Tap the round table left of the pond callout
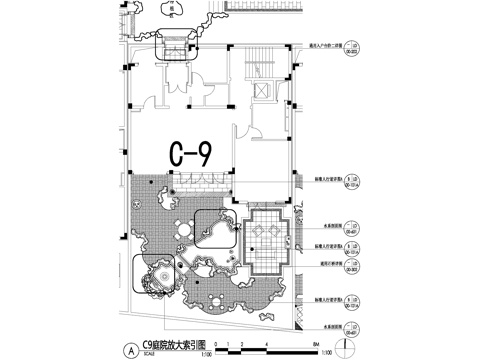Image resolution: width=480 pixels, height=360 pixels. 179,226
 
